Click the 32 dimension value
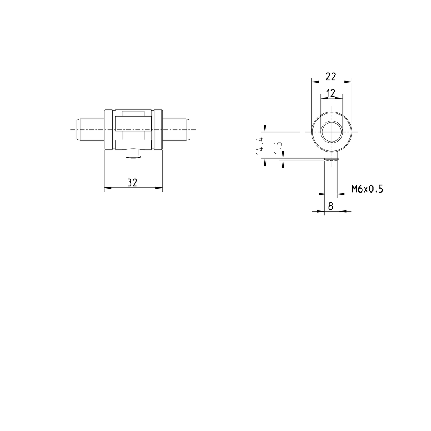click(133, 182)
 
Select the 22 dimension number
click(330, 76)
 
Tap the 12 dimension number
click(331, 93)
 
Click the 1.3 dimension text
click(277, 148)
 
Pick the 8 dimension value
click(331, 206)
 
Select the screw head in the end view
click(331, 159)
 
